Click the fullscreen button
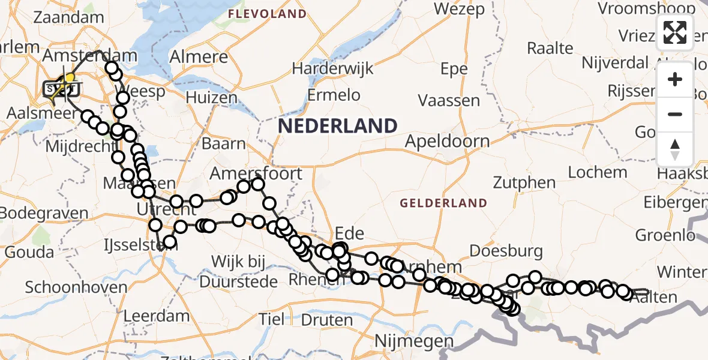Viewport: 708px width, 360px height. click(x=675, y=32)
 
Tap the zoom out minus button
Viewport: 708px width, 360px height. click(x=675, y=114)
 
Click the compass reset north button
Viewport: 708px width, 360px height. click(x=675, y=149)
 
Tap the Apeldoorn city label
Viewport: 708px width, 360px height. click(x=447, y=141)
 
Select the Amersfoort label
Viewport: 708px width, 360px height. click(x=256, y=174)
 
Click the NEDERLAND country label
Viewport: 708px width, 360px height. click(x=338, y=126)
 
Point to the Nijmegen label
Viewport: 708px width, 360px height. click(x=414, y=341)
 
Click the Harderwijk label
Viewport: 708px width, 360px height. click(x=332, y=68)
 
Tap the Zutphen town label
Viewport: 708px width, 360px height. click(x=524, y=182)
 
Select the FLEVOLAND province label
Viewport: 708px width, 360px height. click(x=267, y=13)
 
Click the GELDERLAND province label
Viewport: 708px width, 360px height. click(x=443, y=203)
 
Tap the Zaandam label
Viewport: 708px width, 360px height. click(x=69, y=17)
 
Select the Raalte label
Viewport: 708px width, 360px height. click(x=550, y=48)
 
